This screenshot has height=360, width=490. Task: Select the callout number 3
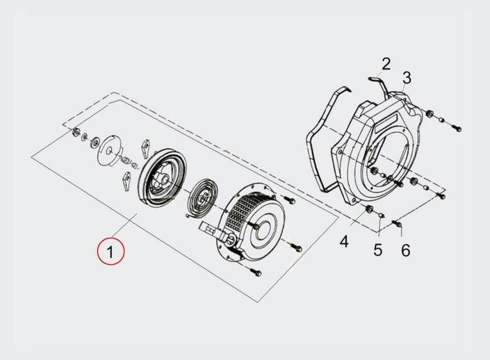pos(406,78)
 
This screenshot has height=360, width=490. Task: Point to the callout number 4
pos(344,242)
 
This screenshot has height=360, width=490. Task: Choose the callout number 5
pos(377,249)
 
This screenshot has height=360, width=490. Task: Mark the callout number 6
pos(405,249)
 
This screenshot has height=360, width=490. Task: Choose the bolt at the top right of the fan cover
pos(456,127)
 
